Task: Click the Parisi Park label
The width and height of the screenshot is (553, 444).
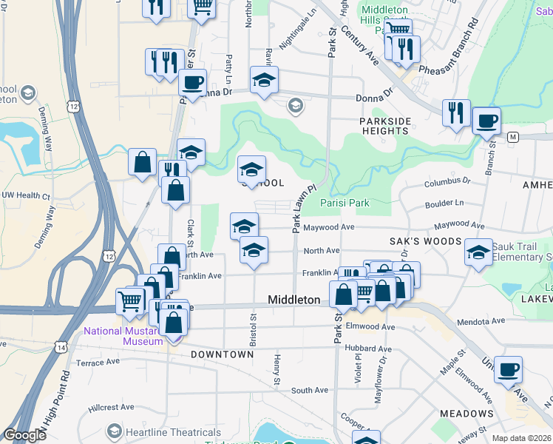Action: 345,203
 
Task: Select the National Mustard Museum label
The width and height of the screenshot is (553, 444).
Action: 123,336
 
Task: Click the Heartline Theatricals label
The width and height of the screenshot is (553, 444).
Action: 157,431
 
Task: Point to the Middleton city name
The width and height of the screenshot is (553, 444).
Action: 294,300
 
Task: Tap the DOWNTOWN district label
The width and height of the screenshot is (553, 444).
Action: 222,354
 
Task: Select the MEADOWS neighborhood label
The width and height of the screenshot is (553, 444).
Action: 466,413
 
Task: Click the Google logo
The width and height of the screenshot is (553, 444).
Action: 24,435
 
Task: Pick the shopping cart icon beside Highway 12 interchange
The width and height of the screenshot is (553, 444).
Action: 130,300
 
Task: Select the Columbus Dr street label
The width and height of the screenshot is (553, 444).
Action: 447,181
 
